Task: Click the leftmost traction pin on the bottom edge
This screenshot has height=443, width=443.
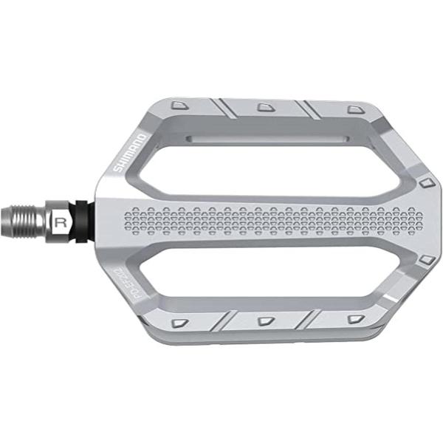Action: (x=179, y=323)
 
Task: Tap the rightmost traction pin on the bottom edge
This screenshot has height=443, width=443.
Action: (x=356, y=319)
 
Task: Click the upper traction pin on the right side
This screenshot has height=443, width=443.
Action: (x=425, y=182)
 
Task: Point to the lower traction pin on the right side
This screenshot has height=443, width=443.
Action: (x=425, y=260)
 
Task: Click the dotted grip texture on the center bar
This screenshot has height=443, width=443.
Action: (x=273, y=219)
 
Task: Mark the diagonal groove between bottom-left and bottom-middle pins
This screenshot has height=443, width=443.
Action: (x=221, y=321)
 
